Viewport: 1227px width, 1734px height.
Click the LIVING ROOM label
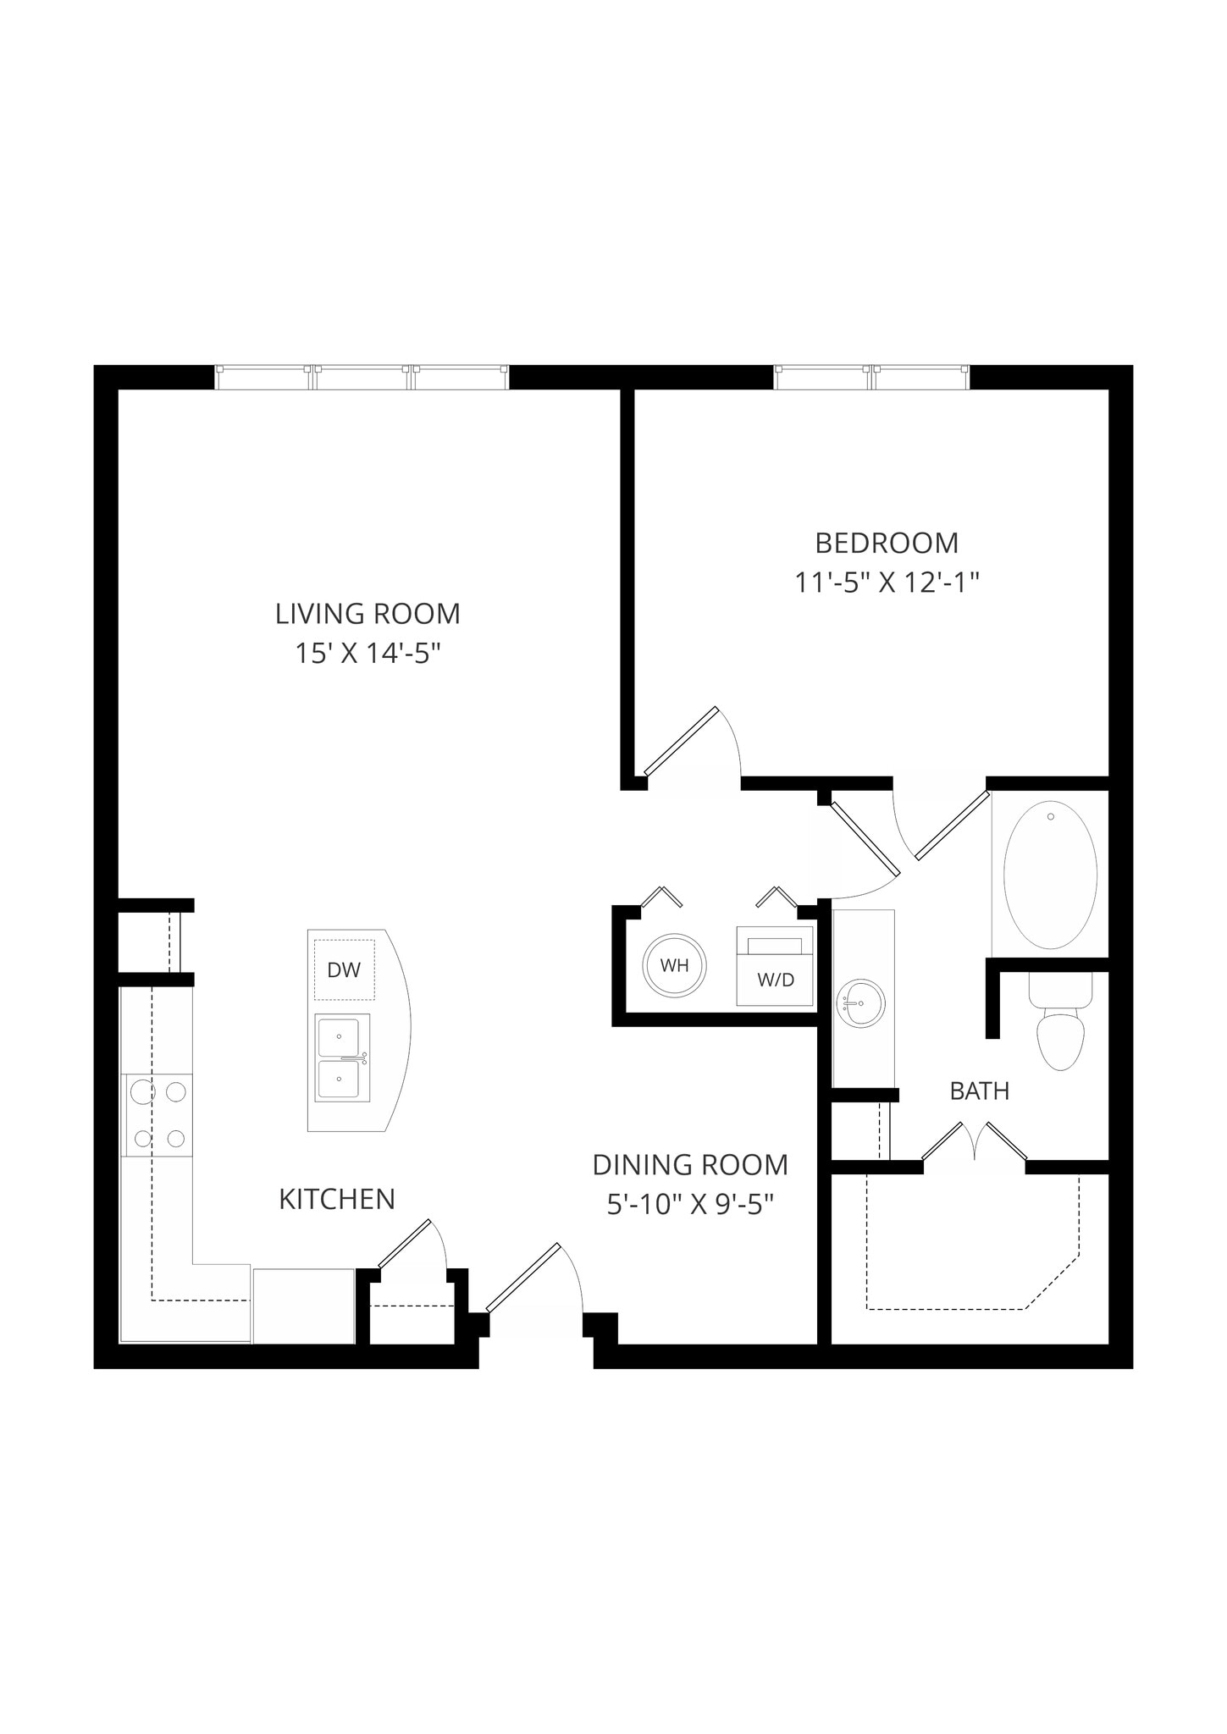[368, 613]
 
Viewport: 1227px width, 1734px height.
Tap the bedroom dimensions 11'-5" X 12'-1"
[886, 583]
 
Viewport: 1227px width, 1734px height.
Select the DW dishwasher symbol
[344, 969]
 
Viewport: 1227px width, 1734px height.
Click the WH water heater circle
[674, 965]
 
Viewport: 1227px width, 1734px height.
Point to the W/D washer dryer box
[775, 967]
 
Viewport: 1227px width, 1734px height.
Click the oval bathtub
[1050, 874]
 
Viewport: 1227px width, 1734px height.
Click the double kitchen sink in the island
[342, 1058]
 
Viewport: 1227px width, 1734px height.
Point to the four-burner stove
[159, 1114]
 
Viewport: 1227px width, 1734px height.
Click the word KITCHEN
[337, 1199]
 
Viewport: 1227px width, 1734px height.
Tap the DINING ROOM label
[690, 1165]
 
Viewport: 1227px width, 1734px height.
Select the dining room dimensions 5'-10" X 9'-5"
[690, 1204]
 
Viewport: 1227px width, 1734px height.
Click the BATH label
[979, 1091]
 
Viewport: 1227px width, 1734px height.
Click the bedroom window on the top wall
[871, 378]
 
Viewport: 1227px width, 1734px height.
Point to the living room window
[362, 378]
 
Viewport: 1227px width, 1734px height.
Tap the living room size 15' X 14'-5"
[368, 653]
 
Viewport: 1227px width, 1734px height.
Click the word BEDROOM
[886, 543]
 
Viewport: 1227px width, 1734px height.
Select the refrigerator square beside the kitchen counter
[303, 1306]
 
